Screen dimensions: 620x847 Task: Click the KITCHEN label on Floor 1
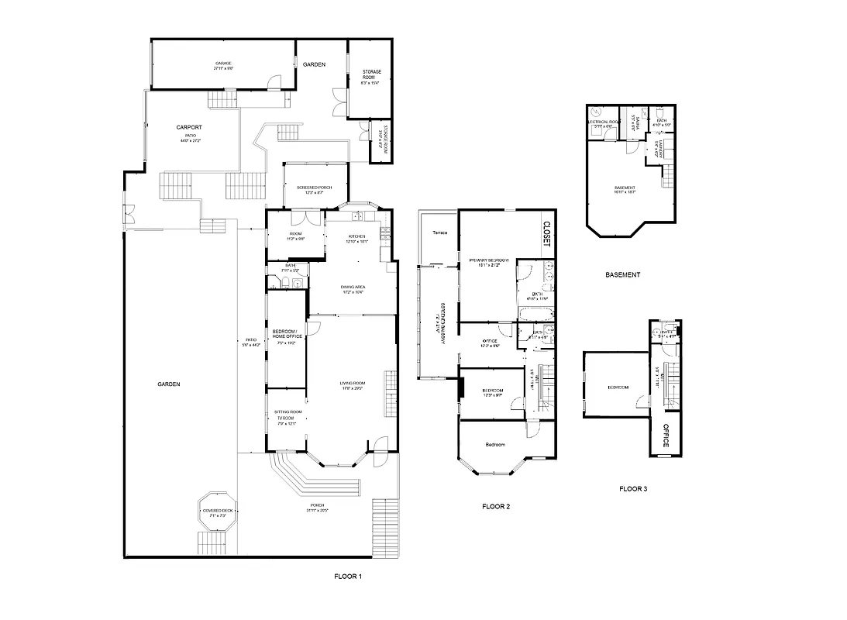coord(356,236)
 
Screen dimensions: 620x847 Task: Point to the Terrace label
coord(439,232)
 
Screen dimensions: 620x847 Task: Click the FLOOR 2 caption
coord(495,507)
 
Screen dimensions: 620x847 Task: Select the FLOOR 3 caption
coord(632,489)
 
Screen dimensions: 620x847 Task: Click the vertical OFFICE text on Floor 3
coord(666,435)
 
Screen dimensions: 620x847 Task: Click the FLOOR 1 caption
coord(347,577)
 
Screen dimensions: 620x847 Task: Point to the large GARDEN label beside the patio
coord(169,384)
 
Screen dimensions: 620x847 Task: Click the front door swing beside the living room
coord(380,448)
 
